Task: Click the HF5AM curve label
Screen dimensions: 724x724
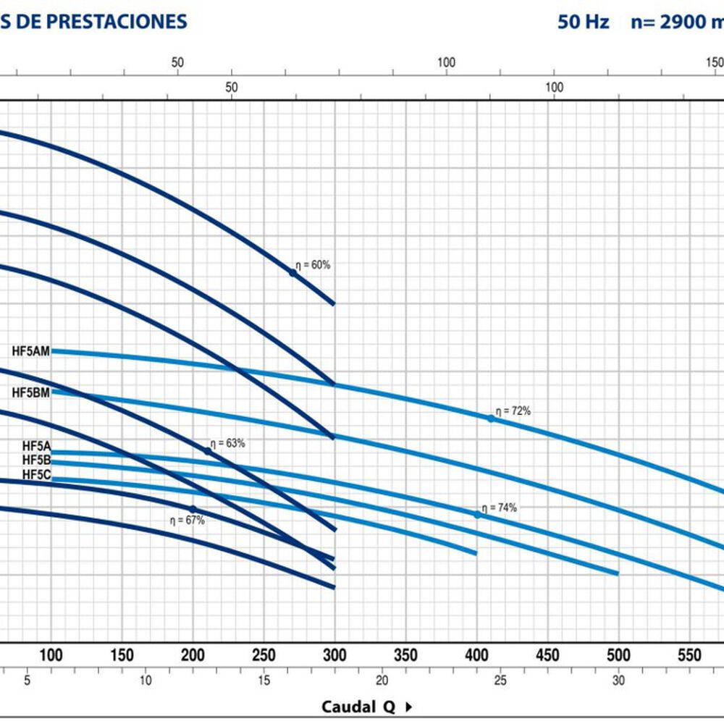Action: pos(31,352)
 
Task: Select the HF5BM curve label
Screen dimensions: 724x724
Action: pos(31,392)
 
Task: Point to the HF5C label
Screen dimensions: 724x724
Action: pos(36,475)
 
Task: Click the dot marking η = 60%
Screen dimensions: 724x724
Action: pos(293,273)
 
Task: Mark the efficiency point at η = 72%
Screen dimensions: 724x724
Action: pos(491,418)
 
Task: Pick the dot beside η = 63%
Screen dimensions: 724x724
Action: pos(208,451)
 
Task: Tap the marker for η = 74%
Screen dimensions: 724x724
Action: pos(477,515)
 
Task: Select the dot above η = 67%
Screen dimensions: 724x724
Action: pos(193,509)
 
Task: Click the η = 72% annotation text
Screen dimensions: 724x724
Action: pos(513,411)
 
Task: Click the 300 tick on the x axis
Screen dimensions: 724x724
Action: pos(334,655)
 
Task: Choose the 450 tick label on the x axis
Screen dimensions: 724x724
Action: pos(547,655)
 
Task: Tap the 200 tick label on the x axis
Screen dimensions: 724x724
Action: pos(193,655)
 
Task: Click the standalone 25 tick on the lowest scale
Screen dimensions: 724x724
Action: pos(500,681)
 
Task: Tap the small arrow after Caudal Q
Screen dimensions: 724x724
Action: pos(408,707)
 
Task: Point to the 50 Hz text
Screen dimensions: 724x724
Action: pos(584,21)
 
